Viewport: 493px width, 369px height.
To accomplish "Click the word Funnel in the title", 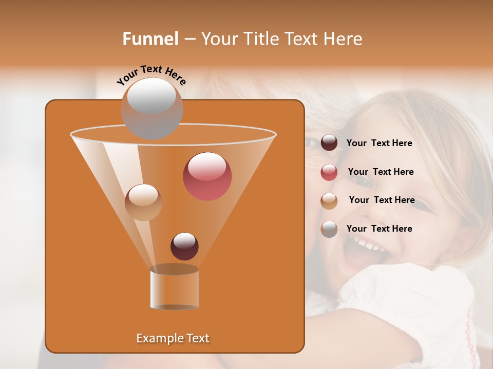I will (150, 39).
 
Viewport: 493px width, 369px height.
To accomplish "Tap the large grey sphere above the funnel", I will (151, 108).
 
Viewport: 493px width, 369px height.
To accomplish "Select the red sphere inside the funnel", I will (207, 176).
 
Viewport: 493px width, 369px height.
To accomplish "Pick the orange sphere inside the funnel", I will (143, 202).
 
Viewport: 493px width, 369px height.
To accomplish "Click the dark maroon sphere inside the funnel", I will (184, 247).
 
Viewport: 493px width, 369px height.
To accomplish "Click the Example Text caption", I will (173, 338).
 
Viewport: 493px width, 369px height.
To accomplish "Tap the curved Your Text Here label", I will (151, 75).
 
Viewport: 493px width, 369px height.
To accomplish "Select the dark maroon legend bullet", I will (329, 143).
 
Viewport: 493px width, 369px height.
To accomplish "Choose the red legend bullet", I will (329, 172).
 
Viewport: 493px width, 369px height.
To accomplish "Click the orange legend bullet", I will (329, 201).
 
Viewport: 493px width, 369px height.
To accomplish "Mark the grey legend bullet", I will (329, 229).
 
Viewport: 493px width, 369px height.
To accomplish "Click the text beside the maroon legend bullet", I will (379, 143).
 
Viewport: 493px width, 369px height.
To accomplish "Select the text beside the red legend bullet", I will (381, 172).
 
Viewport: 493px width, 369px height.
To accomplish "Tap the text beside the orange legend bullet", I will (382, 200).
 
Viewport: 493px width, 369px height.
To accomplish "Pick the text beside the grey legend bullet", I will (379, 229).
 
